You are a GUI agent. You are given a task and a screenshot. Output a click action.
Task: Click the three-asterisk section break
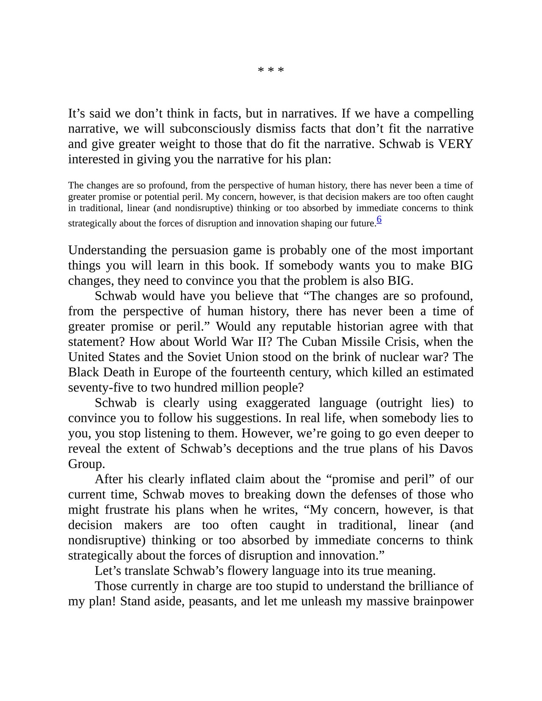271,70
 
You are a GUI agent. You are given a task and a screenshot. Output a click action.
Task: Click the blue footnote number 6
379,219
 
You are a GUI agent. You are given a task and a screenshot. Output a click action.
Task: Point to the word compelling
444,113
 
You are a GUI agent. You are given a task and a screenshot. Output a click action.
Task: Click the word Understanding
107,250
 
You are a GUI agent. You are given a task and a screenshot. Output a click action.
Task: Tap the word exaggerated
278,403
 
